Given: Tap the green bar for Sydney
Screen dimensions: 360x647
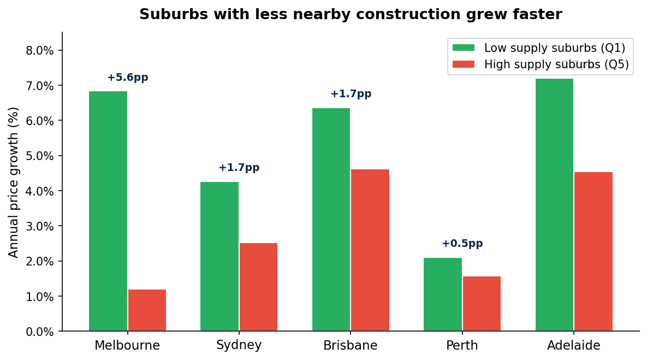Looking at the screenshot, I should (x=219, y=256).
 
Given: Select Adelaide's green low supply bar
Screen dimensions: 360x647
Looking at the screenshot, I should (x=554, y=205).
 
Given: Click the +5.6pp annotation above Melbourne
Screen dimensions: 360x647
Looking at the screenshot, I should (x=127, y=78).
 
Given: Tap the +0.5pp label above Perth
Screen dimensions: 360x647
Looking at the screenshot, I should (x=462, y=244).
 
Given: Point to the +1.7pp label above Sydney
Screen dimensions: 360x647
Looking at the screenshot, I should (x=239, y=168).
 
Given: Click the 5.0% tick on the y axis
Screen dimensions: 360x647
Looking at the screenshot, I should (x=40, y=156).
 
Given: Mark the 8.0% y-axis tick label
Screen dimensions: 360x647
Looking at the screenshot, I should (x=40, y=51).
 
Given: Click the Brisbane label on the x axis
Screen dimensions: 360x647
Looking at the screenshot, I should (x=350, y=345).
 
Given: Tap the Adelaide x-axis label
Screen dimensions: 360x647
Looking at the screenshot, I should (x=573, y=345).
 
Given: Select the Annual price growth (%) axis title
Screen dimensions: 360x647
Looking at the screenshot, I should (x=14, y=182).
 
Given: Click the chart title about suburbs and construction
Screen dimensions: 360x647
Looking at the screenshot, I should (x=350, y=15).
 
